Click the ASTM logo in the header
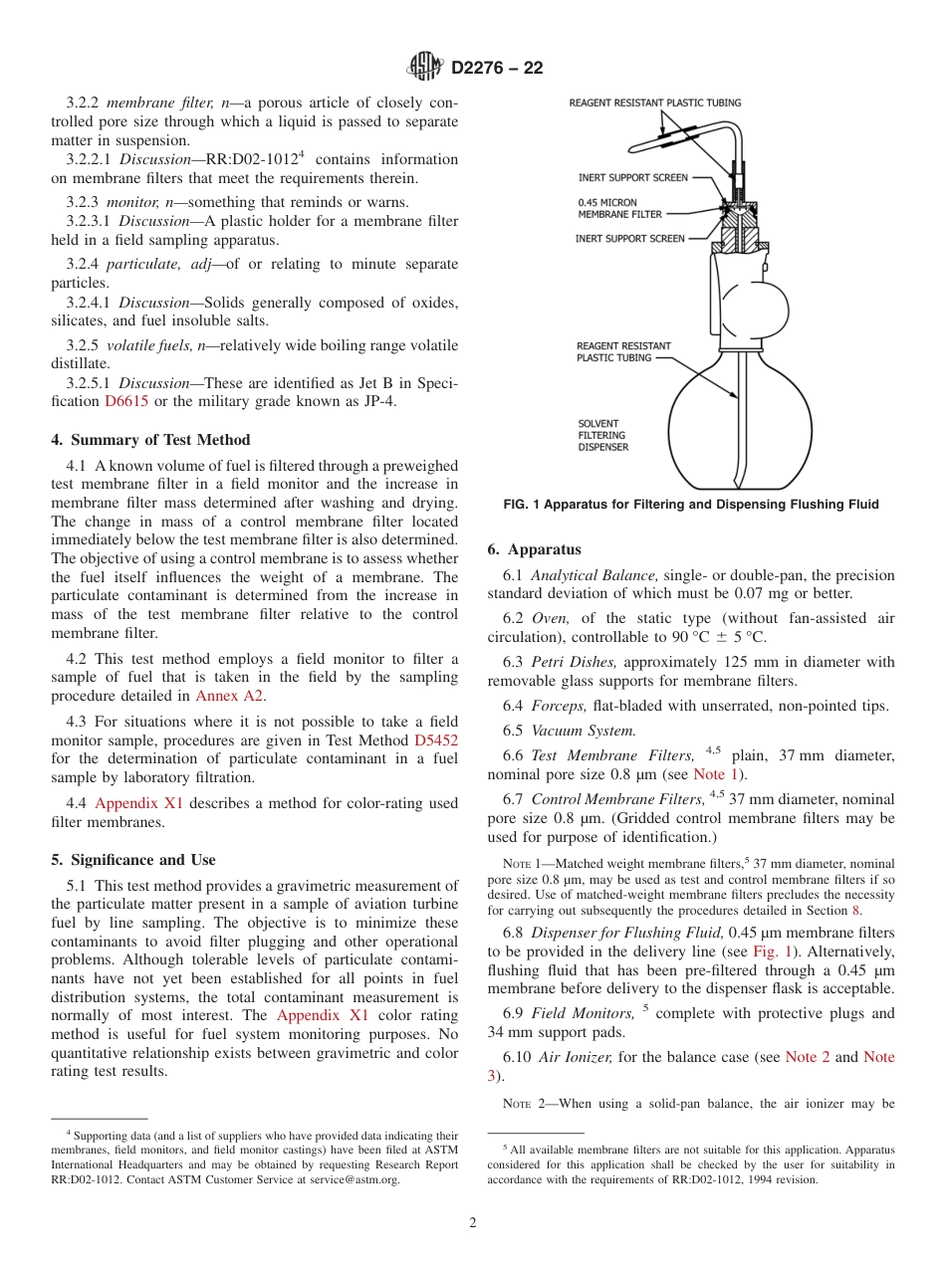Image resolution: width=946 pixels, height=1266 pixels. coord(425,68)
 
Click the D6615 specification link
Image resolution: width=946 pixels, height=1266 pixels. coord(125,402)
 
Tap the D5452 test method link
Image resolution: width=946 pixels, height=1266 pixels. coord(435,739)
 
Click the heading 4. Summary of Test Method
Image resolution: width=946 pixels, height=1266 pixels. coord(150,440)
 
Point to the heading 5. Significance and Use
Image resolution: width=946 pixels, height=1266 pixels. coord(133,860)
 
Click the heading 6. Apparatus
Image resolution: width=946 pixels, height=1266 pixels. coord(534,549)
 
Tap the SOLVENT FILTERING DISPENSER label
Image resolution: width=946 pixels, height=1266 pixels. coord(603,435)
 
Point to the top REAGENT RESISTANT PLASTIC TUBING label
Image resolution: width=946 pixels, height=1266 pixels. coord(654,103)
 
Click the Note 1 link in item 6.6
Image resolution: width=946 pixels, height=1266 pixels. coord(709,774)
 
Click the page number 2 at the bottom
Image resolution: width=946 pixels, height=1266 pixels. coord(473,1223)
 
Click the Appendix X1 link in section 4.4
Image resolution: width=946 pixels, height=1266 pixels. coord(136,803)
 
